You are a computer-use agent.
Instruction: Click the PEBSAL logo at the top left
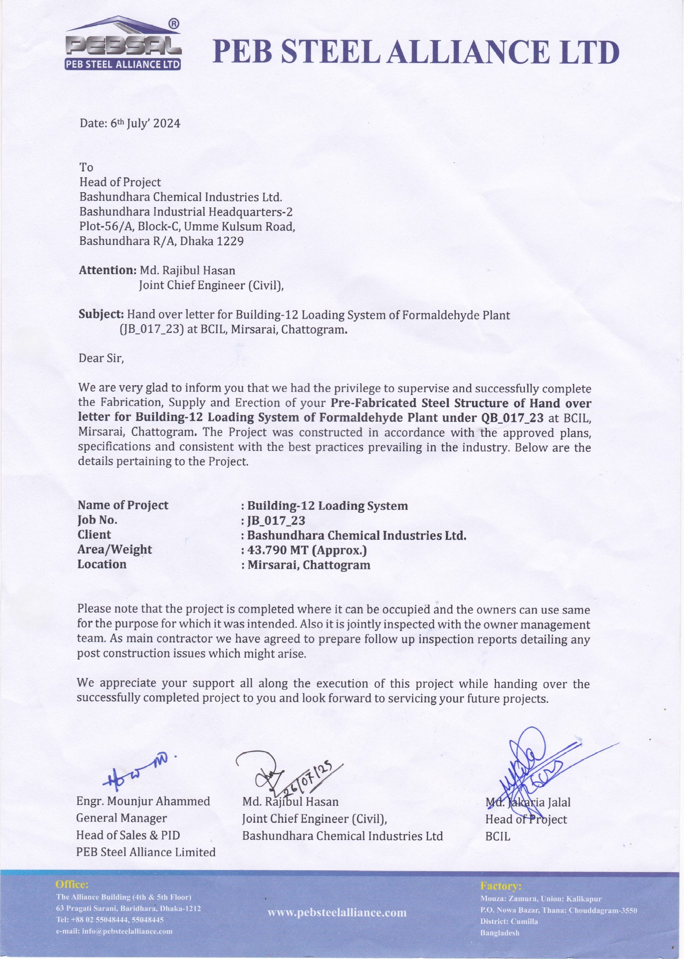(123, 44)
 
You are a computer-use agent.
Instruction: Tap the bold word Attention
(107, 270)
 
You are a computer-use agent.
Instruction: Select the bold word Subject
(101, 314)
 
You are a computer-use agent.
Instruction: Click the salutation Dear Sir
(101, 358)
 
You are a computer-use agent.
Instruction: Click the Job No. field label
(97, 520)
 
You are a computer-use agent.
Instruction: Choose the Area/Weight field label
(115, 550)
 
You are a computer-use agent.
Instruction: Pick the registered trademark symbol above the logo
(174, 24)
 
